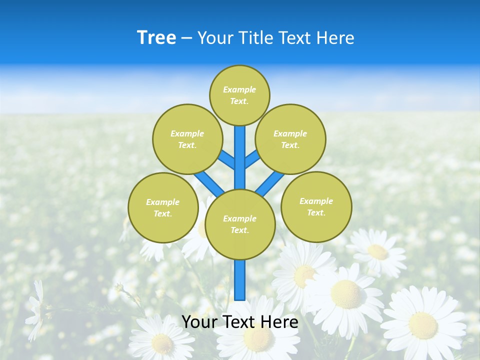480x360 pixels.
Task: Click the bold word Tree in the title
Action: [x=156, y=38]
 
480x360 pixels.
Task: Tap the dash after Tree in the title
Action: [x=186, y=38]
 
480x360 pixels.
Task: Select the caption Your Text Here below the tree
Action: [x=240, y=322]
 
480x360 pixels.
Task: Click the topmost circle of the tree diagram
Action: [x=239, y=95]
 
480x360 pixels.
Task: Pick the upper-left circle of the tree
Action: [x=187, y=139]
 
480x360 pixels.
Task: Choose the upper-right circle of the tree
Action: [x=290, y=139]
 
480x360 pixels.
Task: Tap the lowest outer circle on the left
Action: [x=163, y=207]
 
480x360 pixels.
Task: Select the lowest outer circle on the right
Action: [x=316, y=206]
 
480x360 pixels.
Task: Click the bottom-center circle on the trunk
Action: [x=240, y=224]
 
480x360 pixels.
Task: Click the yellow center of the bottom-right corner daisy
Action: [x=423, y=325]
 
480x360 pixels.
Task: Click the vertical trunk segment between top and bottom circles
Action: [x=240, y=157]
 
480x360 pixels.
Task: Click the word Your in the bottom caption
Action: [x=200, y=322]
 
